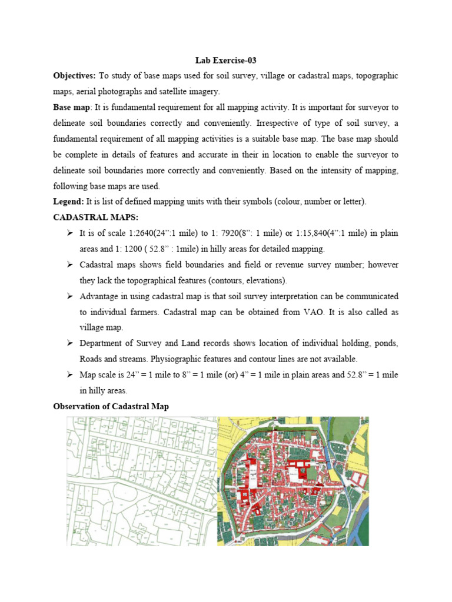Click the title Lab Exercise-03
tap(226, 61)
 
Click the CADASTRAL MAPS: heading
tap(89, 218)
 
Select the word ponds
tap(385, 343)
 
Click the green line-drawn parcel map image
tap(141, 481)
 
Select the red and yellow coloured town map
tap(293, 481)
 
